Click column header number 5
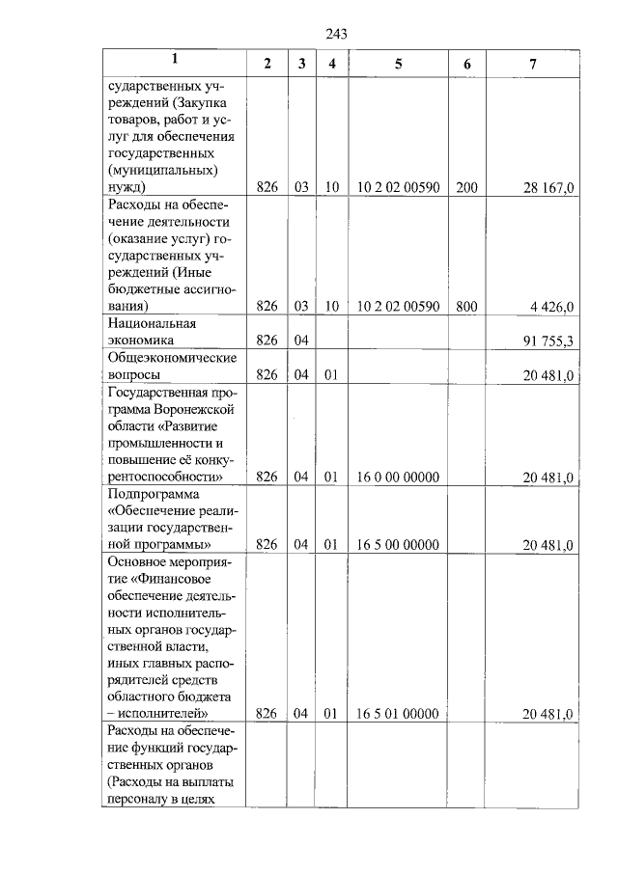[x=398, y=64]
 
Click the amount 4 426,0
[x=552, y=307]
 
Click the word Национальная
[x=153, y=324]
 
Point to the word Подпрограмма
[x=153, y=494]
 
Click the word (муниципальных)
[x=163, y=171]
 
